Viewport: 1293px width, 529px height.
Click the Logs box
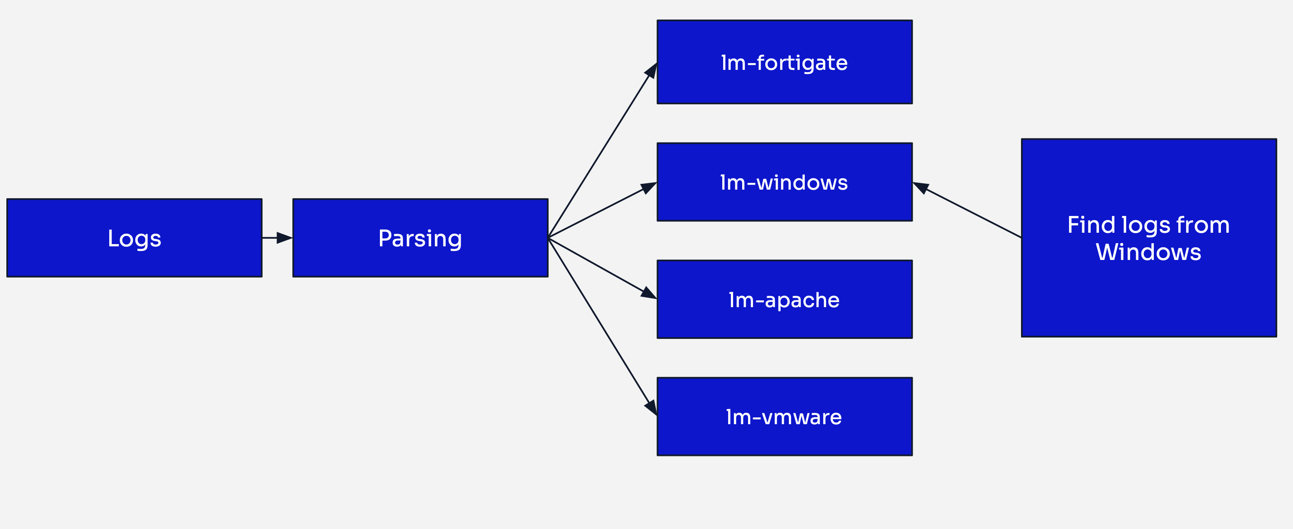point(134,238)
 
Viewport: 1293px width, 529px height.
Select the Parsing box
point(420,238)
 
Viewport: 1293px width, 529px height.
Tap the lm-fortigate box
point(784,62)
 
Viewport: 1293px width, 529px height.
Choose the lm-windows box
point(784,182)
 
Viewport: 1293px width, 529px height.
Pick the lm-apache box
point(784,299)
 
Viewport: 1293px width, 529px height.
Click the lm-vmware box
point(784,416)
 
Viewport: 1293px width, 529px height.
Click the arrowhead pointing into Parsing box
point(285,238)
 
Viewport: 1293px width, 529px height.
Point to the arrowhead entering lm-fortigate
point(651,70)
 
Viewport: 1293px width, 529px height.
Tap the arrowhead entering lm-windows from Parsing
point(649,187)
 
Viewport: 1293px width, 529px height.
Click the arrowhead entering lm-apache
point(649,294)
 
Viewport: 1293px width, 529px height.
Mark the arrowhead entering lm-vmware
point(651,407)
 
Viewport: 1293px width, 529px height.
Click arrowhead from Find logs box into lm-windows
point(920,187)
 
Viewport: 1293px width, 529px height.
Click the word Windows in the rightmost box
point(1148,252)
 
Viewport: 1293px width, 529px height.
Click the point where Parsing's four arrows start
point(549,238)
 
